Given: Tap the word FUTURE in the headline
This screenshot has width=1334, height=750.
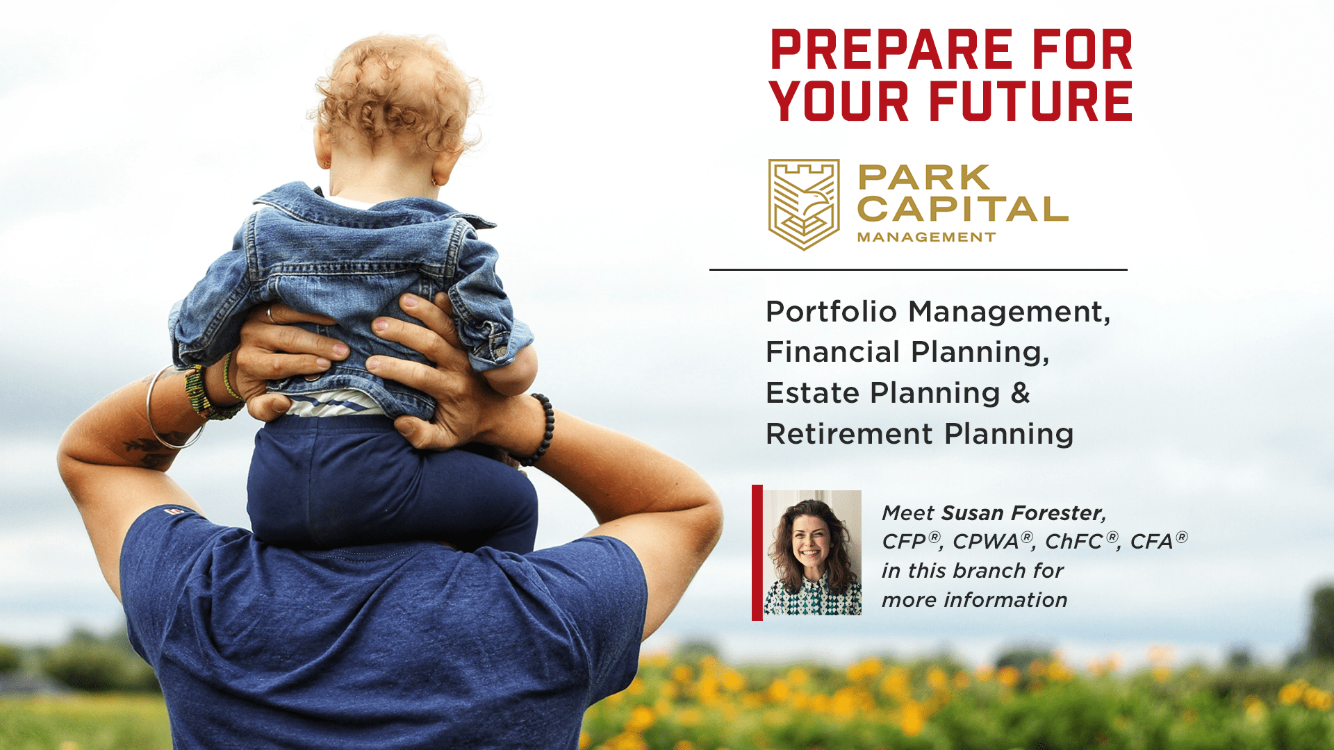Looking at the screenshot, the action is (1031, 101).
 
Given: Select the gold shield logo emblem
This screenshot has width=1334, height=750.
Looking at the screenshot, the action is (804, 204).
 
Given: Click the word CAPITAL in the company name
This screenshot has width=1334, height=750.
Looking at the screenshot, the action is (962, 209).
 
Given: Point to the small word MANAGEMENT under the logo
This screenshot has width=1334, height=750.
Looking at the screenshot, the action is (926, 237).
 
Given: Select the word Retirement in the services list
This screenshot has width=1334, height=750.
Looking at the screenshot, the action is (849, 434).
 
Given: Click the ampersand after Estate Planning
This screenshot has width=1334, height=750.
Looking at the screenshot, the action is (1020, 393).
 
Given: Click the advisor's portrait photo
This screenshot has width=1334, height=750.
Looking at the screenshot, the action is (813, 553).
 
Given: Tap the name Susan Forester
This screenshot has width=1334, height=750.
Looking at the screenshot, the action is (1023, 513).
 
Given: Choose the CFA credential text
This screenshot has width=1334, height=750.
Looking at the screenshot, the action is (1158, 541).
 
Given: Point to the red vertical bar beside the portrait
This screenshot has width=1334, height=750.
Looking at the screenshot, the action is (757, 553).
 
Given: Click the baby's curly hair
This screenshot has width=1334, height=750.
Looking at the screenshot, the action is (395, 94).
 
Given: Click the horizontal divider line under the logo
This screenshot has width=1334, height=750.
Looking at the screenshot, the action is (918, 269).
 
